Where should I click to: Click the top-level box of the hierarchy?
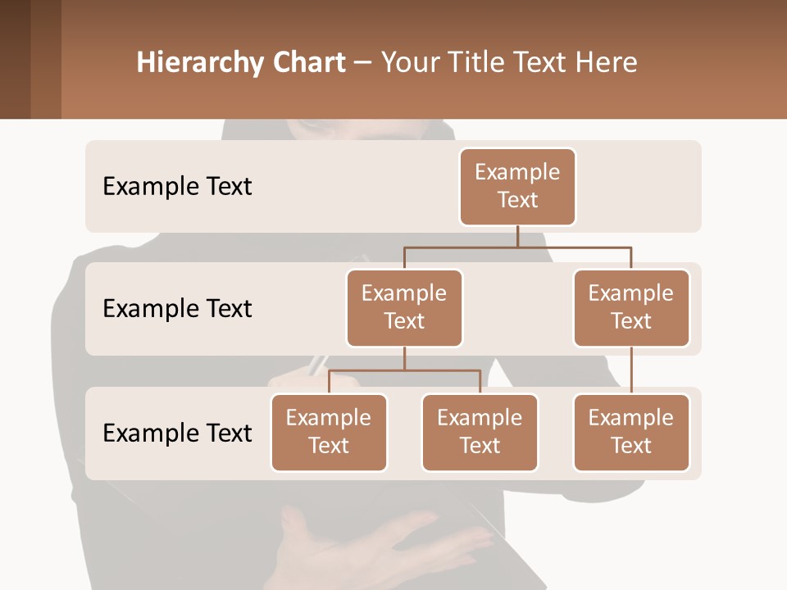click(517, 187)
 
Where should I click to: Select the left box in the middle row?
click(404, 307)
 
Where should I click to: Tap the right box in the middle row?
click(631, 307)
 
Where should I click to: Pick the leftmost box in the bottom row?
click(329, 432)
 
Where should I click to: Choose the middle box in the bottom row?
click(480, 432)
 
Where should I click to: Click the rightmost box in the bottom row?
click(631, 432)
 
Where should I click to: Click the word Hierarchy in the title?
click(200, 62)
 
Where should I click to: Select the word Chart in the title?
click(309, 62)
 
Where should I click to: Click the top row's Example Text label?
click(177, 186)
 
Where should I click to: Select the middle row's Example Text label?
click(177, 308)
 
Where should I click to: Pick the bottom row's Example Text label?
click(177, 433)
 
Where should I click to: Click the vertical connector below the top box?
click(517, 236)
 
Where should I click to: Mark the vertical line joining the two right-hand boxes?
click(631, 370)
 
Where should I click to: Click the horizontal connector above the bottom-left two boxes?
click(404, 370)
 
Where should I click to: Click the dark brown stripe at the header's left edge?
click(15, 59)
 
